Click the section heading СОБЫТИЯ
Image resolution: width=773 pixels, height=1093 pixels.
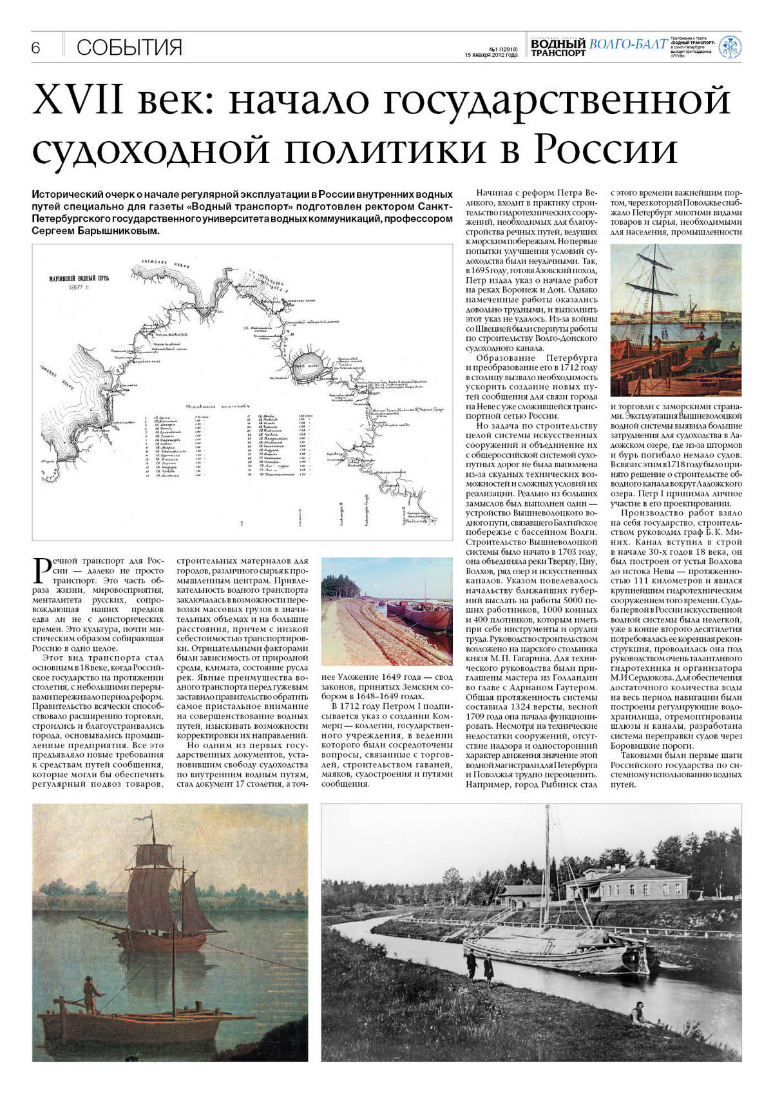point(129,47)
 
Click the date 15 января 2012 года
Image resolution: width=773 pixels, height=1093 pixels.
point(491,55)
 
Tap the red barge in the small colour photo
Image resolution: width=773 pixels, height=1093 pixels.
point(425,616)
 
